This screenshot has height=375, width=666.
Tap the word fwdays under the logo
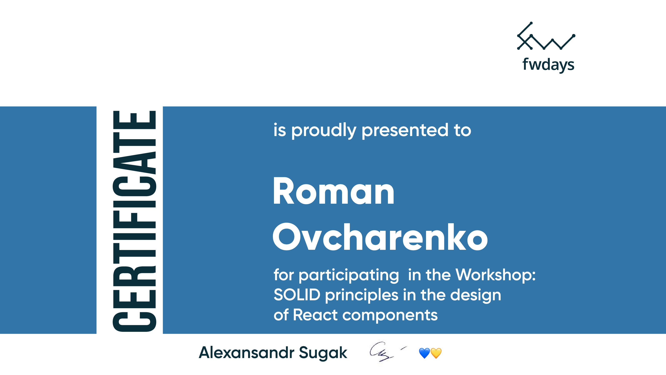548,65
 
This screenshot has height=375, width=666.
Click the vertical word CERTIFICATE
134,221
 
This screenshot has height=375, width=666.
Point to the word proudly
324,131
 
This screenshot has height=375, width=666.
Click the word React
315,315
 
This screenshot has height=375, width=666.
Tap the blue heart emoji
425,353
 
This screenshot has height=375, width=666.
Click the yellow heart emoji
436,353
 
